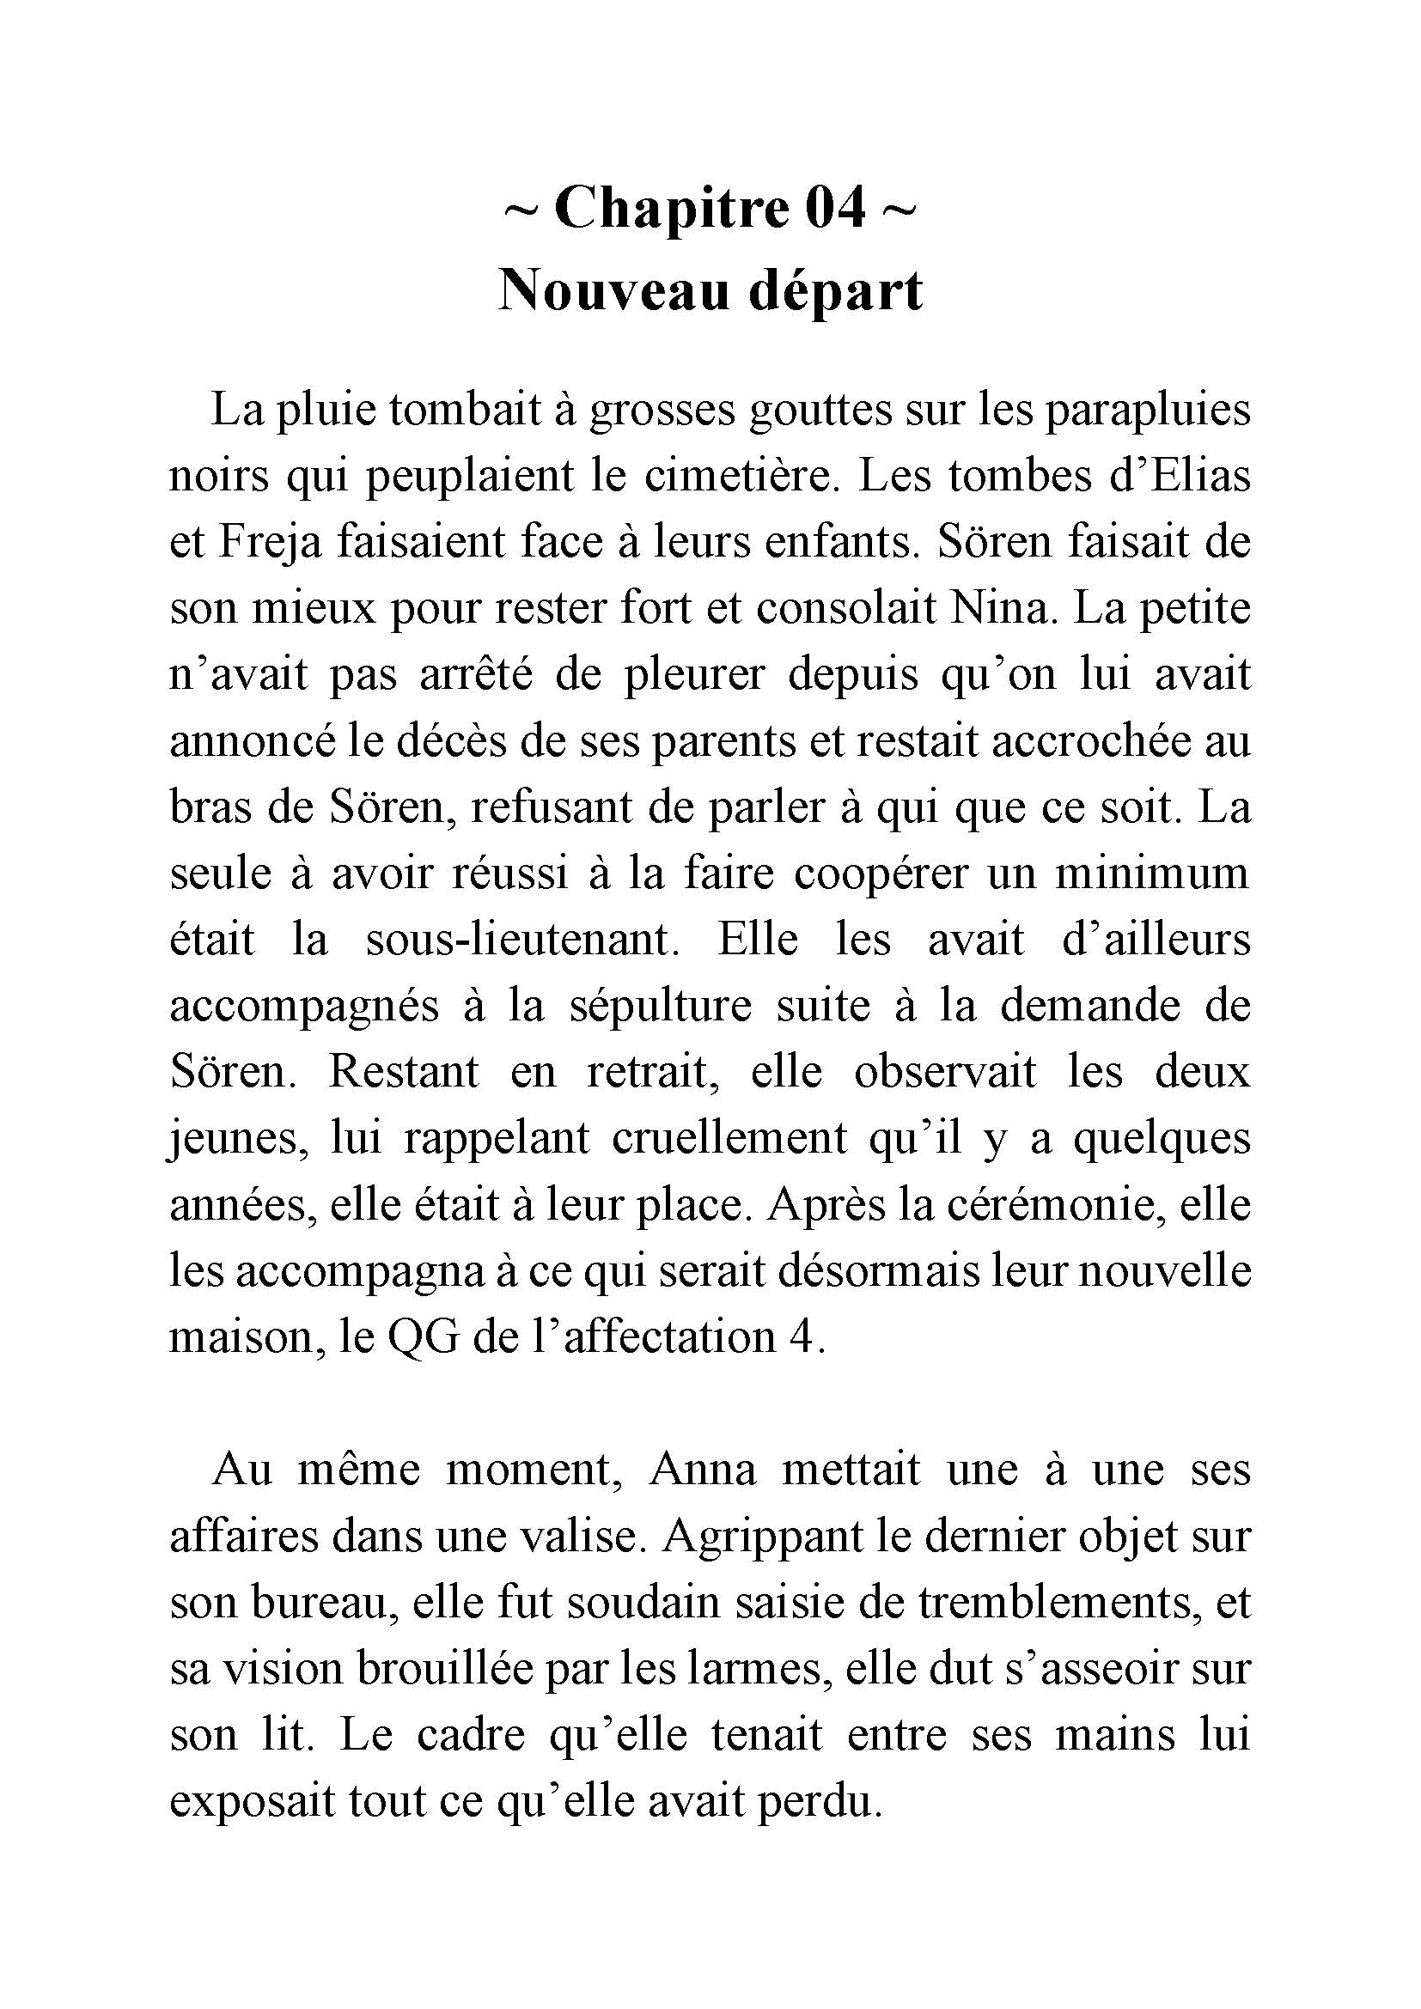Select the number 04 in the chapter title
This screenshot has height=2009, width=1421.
click(837, 208)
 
